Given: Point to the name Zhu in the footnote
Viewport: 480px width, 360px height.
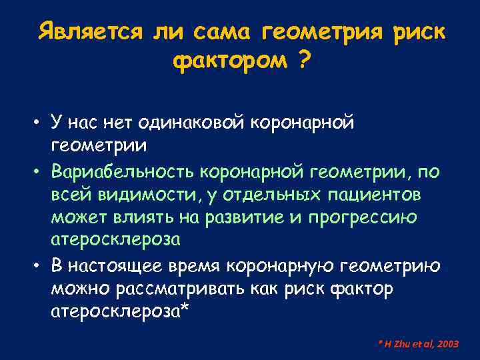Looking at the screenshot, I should [401, 344].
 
